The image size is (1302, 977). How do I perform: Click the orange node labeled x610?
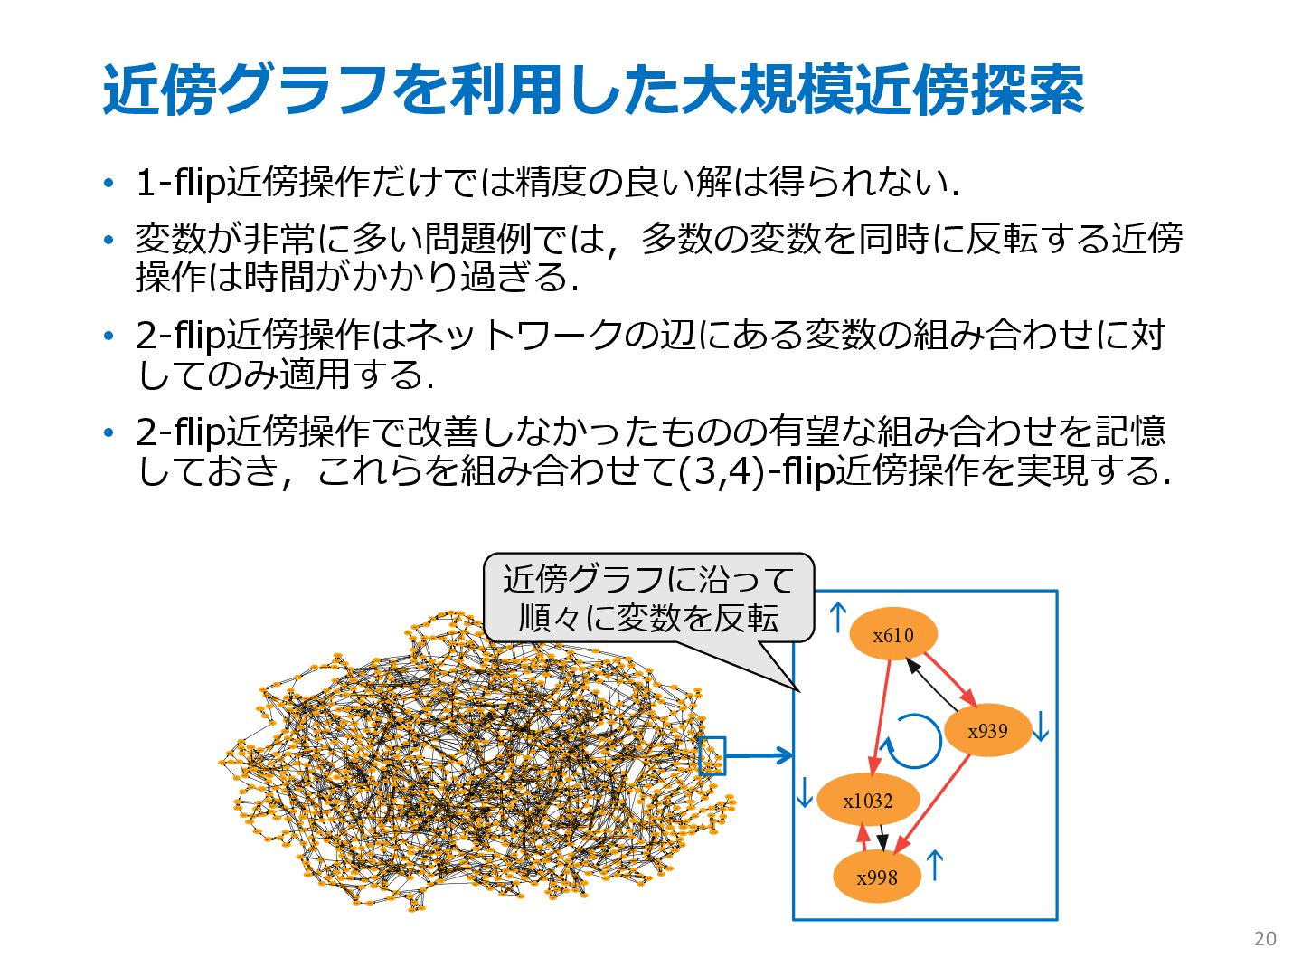(x=893, y=634)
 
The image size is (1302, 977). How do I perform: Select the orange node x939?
(x=987, y=730)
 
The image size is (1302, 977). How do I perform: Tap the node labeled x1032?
(x=868, y=800)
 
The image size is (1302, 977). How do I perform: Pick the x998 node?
(x=877, y=877)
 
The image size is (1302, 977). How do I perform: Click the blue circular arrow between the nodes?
(x=912, y=741)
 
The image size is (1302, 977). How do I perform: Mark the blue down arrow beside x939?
(x=1041, y=726)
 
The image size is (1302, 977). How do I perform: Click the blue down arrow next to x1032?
(x=804, y=792)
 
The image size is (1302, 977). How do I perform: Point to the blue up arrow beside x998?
(x=935, y=866)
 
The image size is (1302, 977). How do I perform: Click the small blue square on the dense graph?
(x=712, y=755)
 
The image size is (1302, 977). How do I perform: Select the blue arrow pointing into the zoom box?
(x=759, y=755)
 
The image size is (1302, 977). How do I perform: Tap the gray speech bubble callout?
(x=648, y=598)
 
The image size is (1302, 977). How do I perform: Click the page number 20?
(x=1265, y=939)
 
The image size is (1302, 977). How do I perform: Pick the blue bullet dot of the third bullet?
(x=109, y=337)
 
